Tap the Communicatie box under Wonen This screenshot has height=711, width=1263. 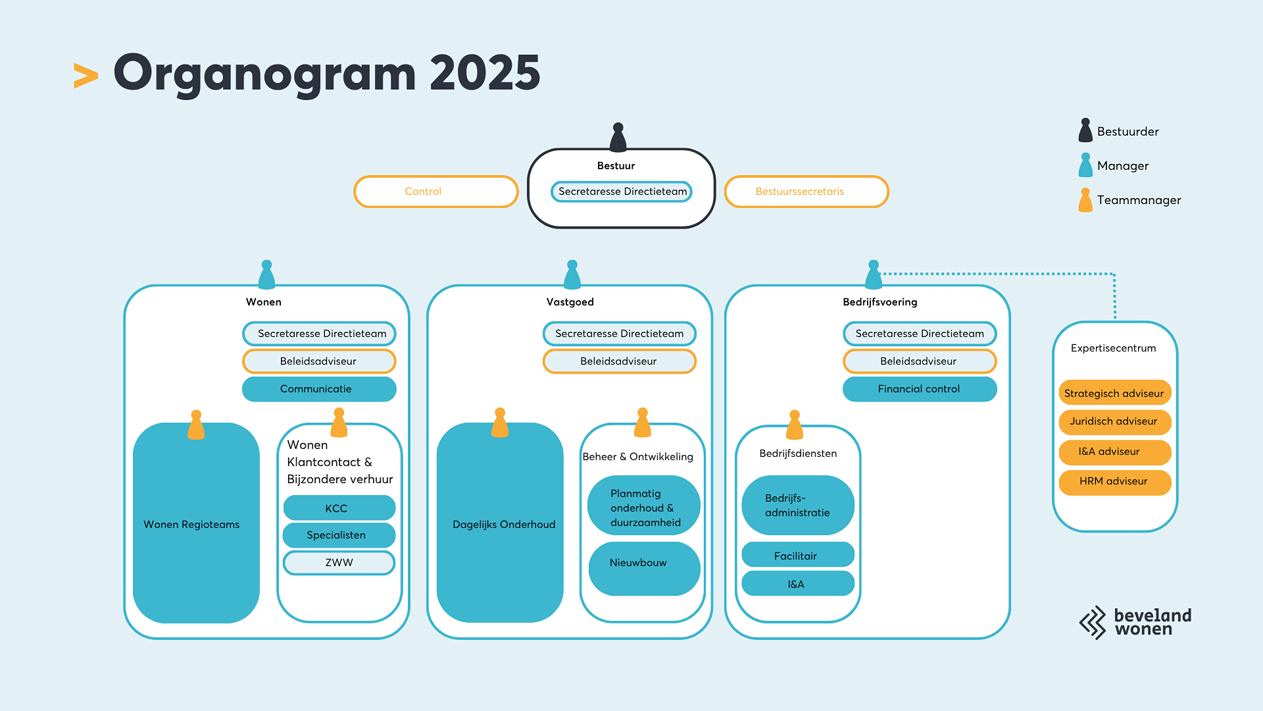click(319, 389)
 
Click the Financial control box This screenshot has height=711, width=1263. click(920, 389)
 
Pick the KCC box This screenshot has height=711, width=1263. click(339, 508)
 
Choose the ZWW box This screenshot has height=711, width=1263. click(339, 563)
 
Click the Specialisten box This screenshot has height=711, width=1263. click(339, 535)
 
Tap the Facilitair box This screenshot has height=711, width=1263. click(797, 555)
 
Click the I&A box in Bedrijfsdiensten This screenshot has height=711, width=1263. click(797, 584)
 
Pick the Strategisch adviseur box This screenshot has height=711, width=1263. click(1114, 393)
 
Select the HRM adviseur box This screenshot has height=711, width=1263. click(1114, 481)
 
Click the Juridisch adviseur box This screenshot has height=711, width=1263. click(1114, 421)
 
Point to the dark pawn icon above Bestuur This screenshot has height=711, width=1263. click(618, 138)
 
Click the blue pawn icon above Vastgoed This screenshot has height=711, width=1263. click(572, 275)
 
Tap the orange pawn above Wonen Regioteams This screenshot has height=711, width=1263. click(196, 425)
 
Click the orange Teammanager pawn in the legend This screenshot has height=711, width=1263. click(1085, 200)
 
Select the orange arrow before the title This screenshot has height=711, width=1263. click(86, 76)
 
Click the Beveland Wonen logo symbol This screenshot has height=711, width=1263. click(1093, 622)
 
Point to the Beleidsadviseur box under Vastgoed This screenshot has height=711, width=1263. click(619, 361)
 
